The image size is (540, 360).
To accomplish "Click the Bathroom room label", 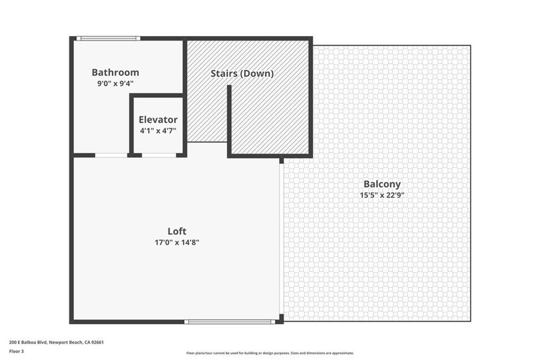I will click(x=115, y=73).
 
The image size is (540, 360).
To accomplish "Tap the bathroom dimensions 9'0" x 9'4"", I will click(x=115, y=83).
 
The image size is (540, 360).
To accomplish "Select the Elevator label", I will click(x=158, y=120).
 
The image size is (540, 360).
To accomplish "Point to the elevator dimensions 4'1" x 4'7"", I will click(x=158, y=130).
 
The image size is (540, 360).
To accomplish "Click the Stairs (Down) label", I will click(x=242, y=73).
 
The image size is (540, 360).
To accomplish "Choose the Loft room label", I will click(x=177, y=231).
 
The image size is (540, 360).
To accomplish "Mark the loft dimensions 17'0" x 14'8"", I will click(x=177, y=242).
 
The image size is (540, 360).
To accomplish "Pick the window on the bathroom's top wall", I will click(x=108, y=39).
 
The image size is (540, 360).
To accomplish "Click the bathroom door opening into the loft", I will click(x=111, y=155).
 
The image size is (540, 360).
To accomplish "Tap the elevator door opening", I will click(x=158, y=155).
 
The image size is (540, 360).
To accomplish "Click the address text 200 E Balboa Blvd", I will click(x=30, y=343).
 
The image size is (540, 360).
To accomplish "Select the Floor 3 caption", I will click(x=16, y=352).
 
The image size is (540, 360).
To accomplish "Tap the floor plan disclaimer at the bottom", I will click(x=270, y=353).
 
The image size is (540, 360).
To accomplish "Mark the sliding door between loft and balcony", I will click(x=281, y=238).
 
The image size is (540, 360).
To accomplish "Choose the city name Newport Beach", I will click(x=73, y=343).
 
